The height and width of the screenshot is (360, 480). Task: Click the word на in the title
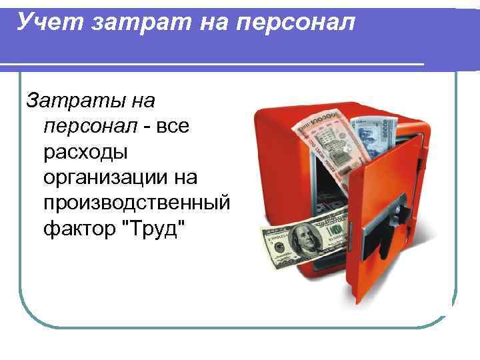click(x=221, y=23)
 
